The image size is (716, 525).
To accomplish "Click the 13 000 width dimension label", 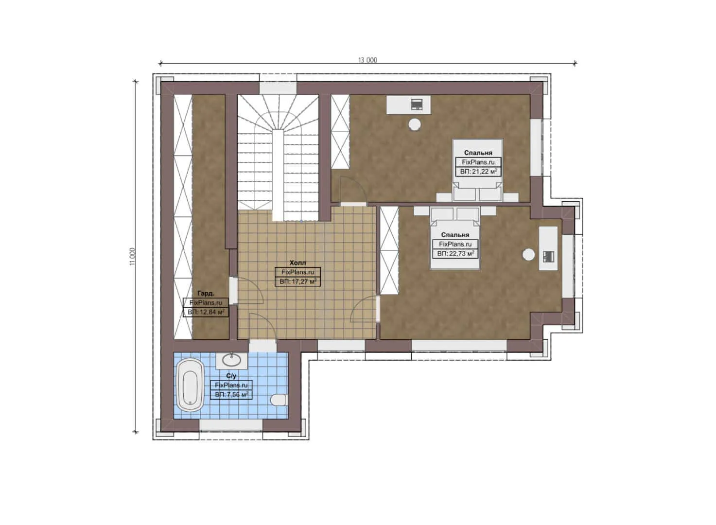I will click(367, 60).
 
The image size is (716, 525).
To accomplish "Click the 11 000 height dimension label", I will click(132, 257).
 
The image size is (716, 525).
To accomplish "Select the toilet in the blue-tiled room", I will click(279, 400).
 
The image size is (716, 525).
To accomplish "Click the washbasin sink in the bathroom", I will click(231, 360).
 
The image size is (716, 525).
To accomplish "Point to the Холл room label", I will click(297, 262).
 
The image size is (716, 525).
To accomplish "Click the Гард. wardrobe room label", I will click(206, 293).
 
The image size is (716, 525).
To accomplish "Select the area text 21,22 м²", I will click(478, 172).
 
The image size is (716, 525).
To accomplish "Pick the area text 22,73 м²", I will click(455, 254).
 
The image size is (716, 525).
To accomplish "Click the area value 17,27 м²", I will click(297, 281).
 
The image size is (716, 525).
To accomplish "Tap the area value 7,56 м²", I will click(231, 395).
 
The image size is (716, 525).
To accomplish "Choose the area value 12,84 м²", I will click(206, 312).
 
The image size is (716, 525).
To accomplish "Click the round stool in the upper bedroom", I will click(414, 125).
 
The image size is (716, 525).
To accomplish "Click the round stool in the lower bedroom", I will click(528, 254).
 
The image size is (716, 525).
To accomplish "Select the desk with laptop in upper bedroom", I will click(408, 105).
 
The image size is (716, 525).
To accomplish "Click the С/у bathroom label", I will click(231, 376).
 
